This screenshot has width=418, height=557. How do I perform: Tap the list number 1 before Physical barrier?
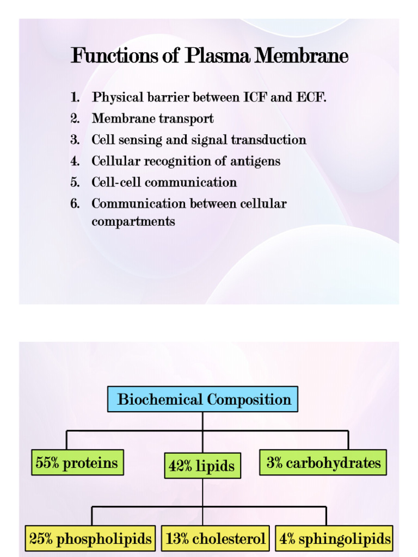[x=75, y=98]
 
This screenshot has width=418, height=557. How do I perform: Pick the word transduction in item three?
[x=268, y=140]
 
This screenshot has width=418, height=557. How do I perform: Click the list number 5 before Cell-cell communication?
[x=75, y=183]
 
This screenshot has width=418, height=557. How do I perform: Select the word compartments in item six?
[x=133, y=222]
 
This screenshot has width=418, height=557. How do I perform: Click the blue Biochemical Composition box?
[x=202, y=399]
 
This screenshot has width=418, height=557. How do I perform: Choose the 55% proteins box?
[x=77, y=463]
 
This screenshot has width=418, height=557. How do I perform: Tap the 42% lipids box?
[x=202, y=466]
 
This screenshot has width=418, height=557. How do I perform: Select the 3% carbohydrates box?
[x=323, y=463]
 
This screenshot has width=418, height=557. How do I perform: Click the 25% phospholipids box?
[x=91, y=539]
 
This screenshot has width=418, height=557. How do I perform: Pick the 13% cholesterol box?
[x=216, y=539]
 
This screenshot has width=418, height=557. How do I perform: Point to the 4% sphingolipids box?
[x=334, y=539]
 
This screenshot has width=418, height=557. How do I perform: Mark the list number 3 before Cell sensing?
[x=75, y=140]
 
